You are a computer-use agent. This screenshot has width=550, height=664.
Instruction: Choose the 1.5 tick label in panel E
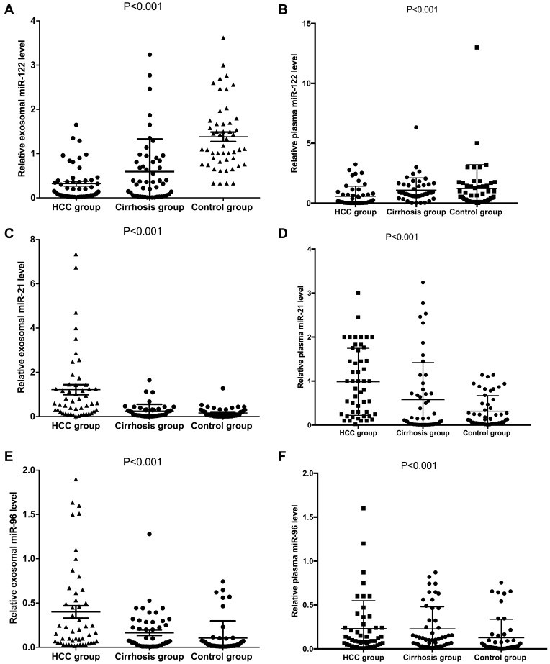[x=26, y=514]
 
